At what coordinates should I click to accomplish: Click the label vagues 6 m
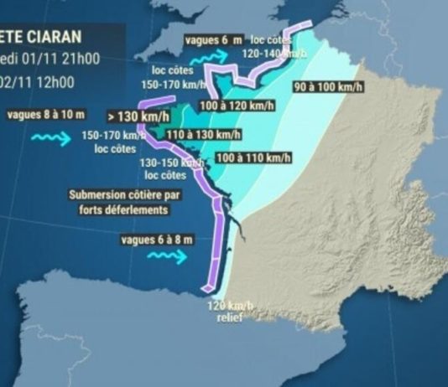[214, 39]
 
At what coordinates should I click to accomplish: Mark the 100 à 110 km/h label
[253, 157]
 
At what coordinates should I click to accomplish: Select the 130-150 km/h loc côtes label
[164, 169]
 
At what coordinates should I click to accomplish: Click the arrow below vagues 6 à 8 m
[167, 259]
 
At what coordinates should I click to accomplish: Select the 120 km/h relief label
[229, 312]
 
